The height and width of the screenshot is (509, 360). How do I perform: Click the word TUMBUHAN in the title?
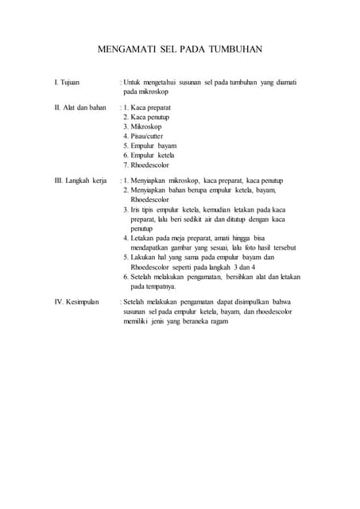point(235,49)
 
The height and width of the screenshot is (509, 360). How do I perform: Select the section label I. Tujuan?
point(66,82)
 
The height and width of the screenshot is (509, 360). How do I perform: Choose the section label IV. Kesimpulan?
point(76,302)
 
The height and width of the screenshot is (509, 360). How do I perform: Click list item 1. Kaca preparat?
point(147,106)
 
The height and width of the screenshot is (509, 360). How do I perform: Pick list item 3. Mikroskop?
point(143,126)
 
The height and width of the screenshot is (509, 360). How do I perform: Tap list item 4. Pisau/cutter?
point(145,136)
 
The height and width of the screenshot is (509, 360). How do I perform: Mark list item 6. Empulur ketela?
point(149,156)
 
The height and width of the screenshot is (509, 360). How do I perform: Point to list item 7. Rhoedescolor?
point(147,165)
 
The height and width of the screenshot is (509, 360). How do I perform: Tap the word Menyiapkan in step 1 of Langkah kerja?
point(157,181)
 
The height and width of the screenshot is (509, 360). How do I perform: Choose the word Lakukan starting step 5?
point(145,257)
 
